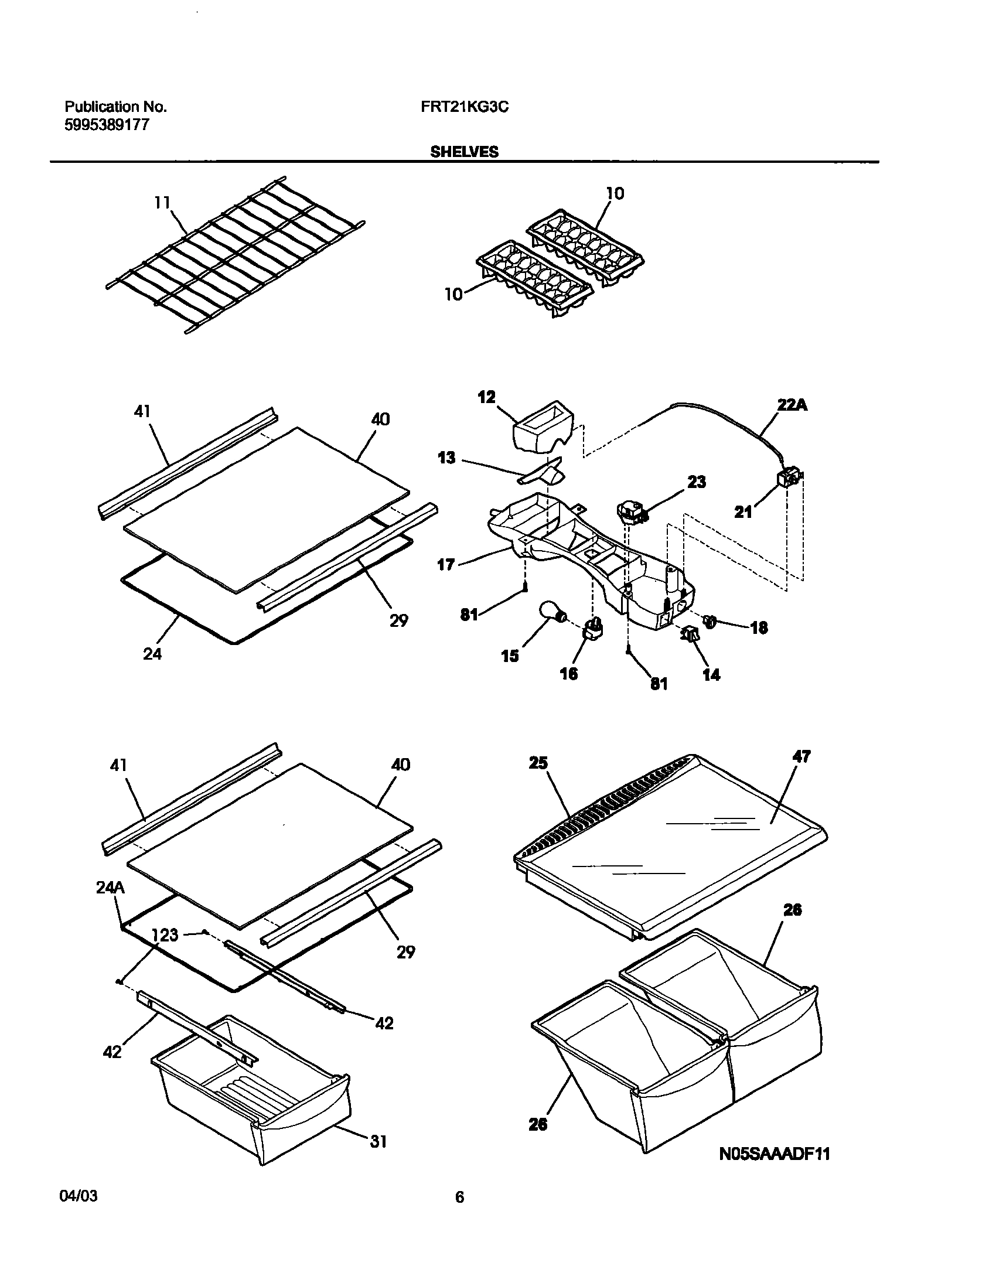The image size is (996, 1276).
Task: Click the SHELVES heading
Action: [465, 152]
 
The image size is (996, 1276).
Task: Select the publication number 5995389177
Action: [107, 124]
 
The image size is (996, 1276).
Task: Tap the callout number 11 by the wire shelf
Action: [162, 203]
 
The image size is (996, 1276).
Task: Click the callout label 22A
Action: [792, 404]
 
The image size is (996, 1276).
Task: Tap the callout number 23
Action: [696, 482]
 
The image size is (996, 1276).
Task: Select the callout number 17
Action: [446, 565]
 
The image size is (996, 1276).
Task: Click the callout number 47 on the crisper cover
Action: [801, 756]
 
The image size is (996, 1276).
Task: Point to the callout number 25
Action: [538, 762]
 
